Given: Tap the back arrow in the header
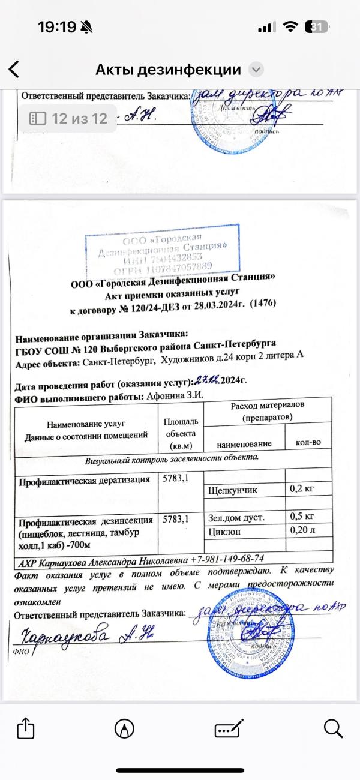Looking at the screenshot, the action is click(13, 70).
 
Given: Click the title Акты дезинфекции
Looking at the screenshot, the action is click(168, 70).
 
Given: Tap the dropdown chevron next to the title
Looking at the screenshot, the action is click(256, 70).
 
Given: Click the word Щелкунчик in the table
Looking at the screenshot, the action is click(233, 490).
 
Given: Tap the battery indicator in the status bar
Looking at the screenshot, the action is click(316, 27).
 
